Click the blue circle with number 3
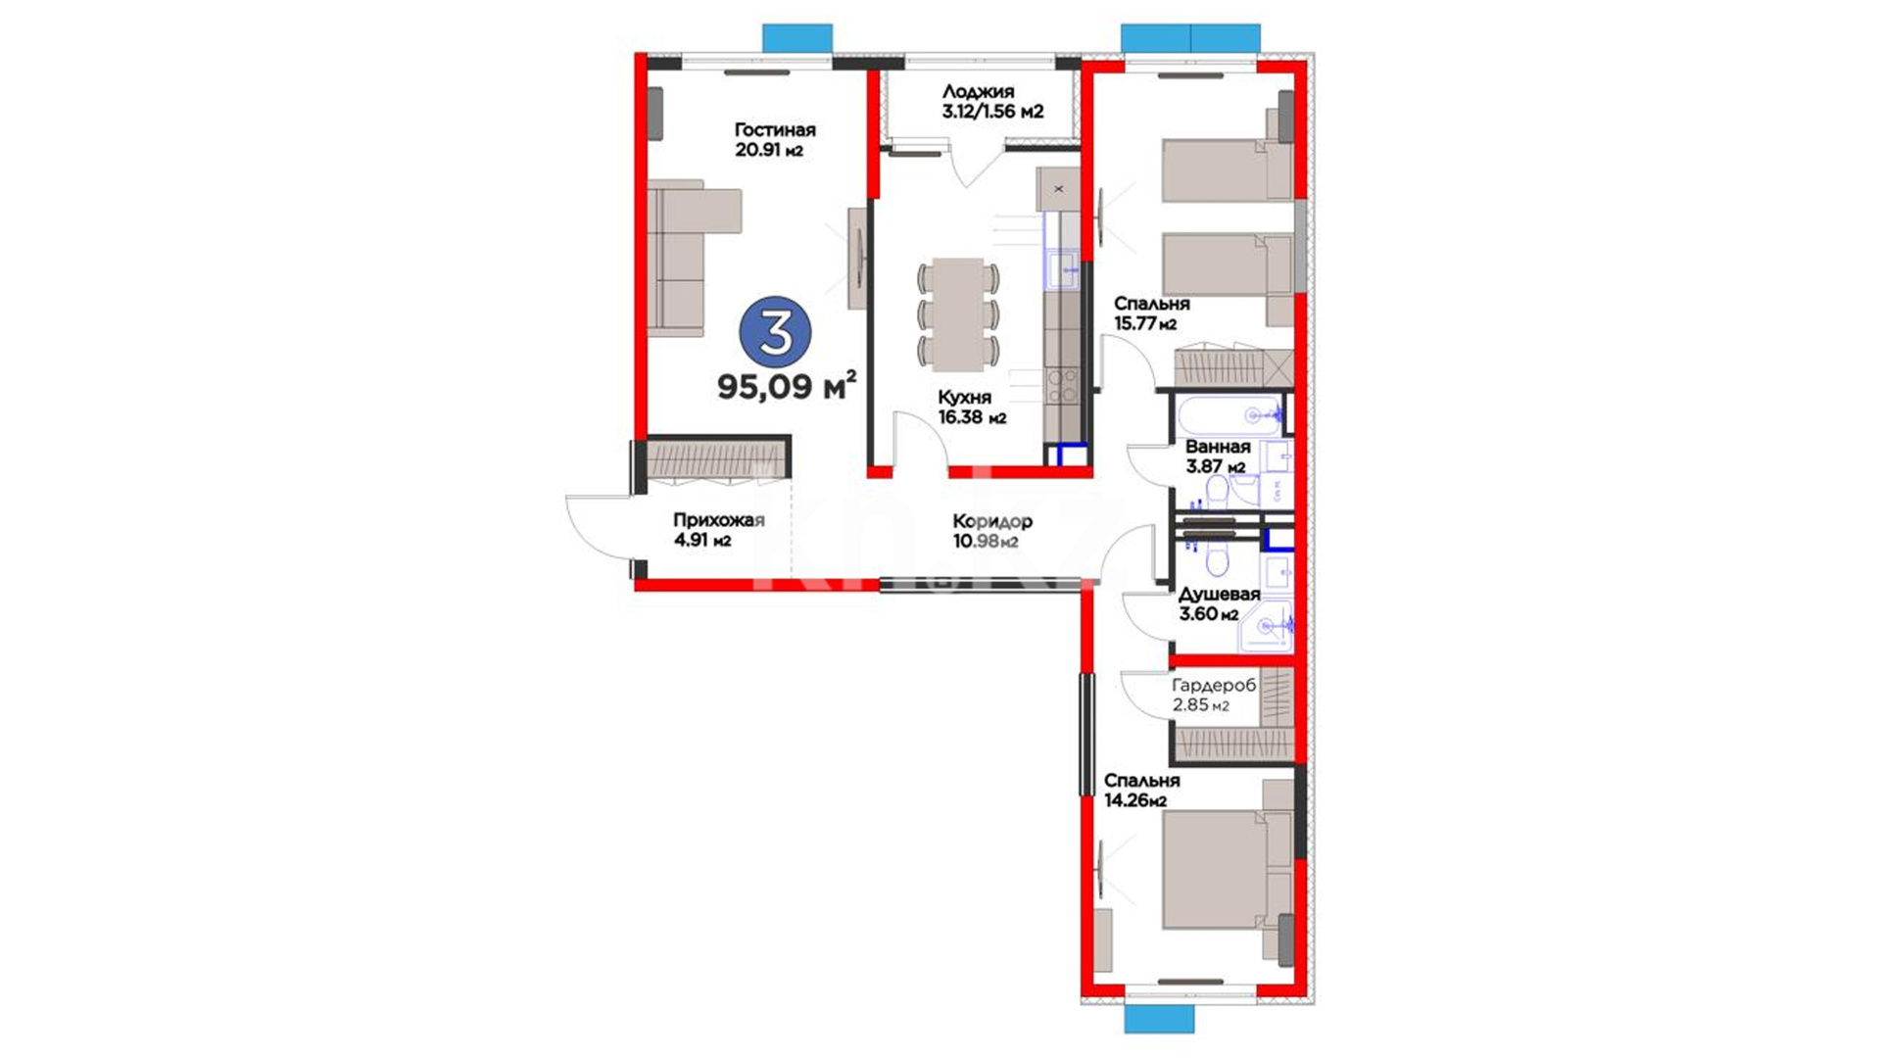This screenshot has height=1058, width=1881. (x=775, y=332)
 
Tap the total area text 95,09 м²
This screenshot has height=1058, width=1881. (x=787, y=385)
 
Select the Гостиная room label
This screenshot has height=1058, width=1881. (x=775, y=130)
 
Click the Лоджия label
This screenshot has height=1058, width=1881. (x=978, y=92)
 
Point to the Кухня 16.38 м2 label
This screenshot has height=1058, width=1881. (x=972, y=408)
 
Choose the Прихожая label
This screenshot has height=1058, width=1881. (x=718, y=520)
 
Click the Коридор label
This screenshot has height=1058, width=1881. (x=992, y=521)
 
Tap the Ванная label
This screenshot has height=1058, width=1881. (x=1218, y=447)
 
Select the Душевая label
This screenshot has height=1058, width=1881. (x=1219, y=594)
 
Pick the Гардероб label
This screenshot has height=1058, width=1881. (x=1214, y=686)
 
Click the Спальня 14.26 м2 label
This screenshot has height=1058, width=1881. (x=1141, y=791)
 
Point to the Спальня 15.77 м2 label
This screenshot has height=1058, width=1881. (x=1151, y=313)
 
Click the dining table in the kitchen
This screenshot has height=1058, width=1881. (x=958, y=314)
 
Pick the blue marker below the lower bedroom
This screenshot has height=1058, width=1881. (x=1159, y=1019)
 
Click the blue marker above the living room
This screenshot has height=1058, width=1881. (x=797, y=38)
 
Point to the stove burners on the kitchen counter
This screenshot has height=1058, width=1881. (x=1061, y=385)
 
